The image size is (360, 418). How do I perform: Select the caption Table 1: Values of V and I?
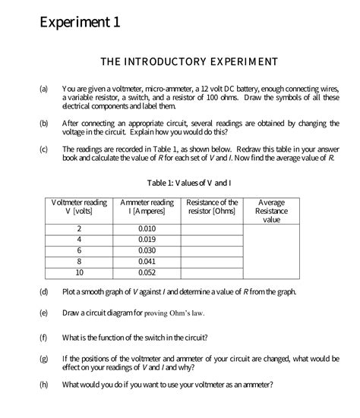[189, 183]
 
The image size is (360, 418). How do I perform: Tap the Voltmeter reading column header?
[79, 208]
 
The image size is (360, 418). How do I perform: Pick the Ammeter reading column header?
[147, 208]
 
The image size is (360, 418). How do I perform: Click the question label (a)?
[43, 90]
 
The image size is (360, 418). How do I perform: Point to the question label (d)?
[43, 292]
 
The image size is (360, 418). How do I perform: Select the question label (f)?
[43, 337]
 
